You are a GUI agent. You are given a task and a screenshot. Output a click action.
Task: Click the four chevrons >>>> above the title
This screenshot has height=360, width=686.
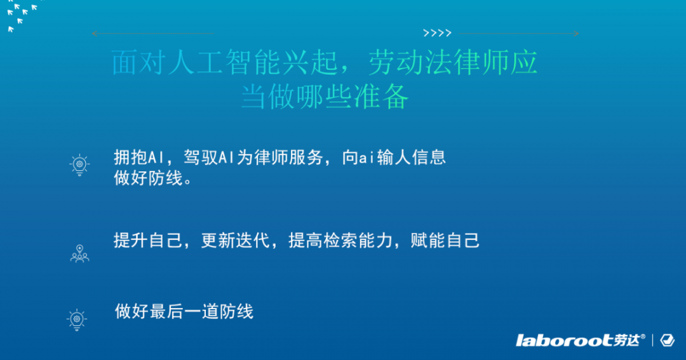[x=437, y=33]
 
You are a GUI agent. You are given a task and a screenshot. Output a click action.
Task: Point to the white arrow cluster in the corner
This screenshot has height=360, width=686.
[x=20, y=14]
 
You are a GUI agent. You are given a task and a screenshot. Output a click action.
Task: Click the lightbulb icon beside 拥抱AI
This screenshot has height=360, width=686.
[x=79, y=165]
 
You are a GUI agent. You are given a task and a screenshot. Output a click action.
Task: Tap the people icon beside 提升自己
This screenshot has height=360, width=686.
[x=79, y=253]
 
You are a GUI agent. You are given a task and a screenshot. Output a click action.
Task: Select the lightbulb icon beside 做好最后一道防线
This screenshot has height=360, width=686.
[x=77, y=319]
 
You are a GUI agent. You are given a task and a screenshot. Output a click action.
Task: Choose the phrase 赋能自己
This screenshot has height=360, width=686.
[x=445, y=241]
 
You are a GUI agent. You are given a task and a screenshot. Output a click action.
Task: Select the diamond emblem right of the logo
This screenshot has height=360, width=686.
[x=667, y=340]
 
